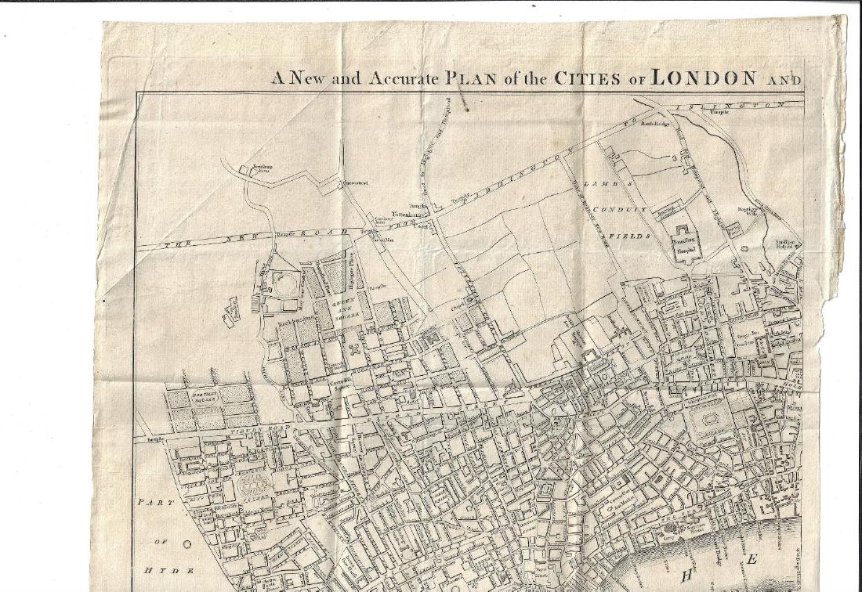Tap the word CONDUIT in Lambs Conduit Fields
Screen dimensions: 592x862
[x=620, y=210]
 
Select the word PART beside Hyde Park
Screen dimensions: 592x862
[x=152, y=503]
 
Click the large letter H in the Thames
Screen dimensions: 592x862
[x=688, y=576]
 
